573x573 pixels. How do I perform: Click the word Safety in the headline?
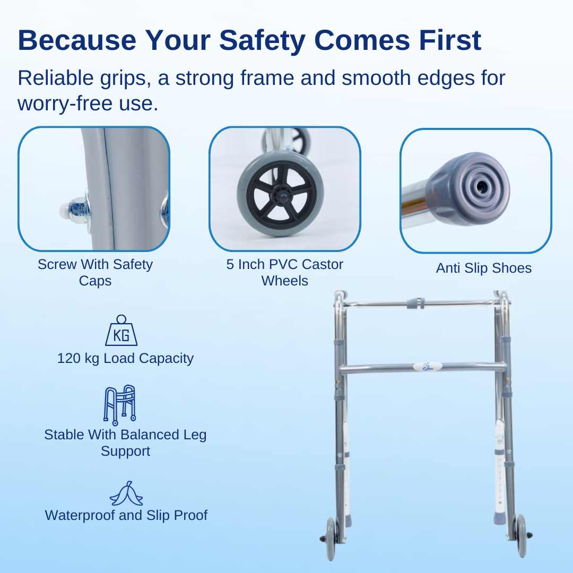(262, 41)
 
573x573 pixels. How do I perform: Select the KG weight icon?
(121, 331)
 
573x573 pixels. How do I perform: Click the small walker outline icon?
(119, 405)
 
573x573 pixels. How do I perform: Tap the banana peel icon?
(126, 493)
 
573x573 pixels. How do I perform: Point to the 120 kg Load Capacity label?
(125, 359)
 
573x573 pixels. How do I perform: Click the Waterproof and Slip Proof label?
(126, 515)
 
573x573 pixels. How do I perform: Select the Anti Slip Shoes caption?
(483, 268)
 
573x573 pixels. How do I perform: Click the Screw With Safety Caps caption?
(95, 272)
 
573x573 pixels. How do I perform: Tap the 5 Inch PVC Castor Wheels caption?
(285, 272)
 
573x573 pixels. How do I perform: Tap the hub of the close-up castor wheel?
(281, 196)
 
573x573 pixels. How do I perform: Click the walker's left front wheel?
(331, 539)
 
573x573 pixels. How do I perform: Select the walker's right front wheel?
(521, 535)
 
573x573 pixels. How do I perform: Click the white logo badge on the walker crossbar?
(428, 367)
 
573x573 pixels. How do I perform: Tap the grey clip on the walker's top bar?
(416, 303)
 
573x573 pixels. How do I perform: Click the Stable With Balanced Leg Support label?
(125, 443)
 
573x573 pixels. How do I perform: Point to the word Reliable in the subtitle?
(56, 78)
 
